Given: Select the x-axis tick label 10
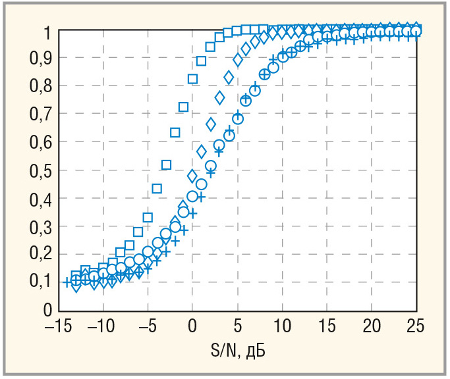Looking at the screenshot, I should (282, 326).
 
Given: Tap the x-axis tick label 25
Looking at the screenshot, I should (416, 326).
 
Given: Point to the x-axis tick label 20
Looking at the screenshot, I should (371, 326).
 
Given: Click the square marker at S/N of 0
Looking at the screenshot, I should (192, 79).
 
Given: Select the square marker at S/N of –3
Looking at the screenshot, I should (166, 164).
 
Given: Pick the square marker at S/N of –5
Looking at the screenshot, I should (148, 217).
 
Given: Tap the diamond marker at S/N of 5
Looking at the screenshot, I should (238, 60).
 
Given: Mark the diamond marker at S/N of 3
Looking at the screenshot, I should (220, 98).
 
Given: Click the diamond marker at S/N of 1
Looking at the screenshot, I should (202, 152).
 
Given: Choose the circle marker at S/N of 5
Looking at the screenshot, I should (238, 119).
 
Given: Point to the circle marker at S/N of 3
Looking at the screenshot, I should (219, 145).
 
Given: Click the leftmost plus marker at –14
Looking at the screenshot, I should (67, 282).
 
